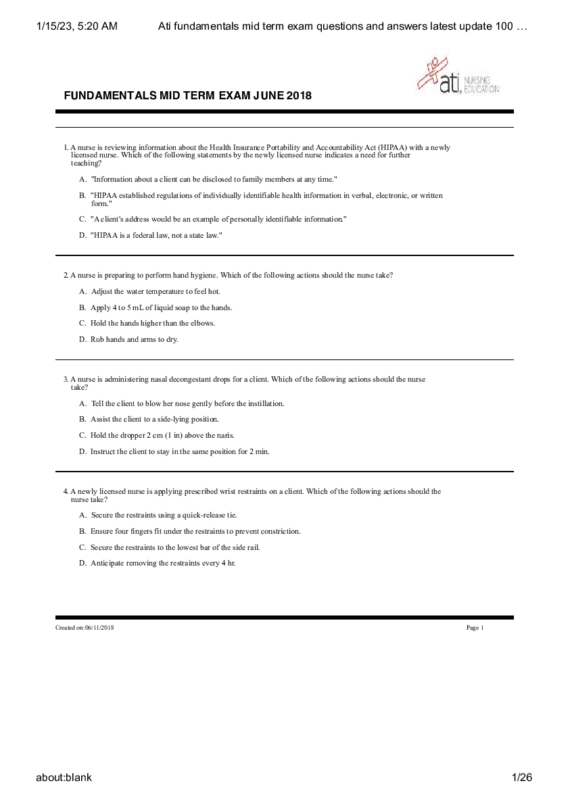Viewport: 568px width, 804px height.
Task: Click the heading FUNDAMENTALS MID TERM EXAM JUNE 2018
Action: pyautogui.click(x=187, y=95)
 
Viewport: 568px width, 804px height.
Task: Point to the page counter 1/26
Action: pyautogui.click(x=523, y=777)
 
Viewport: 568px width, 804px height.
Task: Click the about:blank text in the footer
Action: pyautogui.click(x=64, y=777)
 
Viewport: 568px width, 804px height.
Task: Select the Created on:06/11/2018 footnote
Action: pyautogui.click(x=85, y=628)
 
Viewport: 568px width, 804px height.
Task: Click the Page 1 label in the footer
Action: pyautogui.click(x=475, y=628)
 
